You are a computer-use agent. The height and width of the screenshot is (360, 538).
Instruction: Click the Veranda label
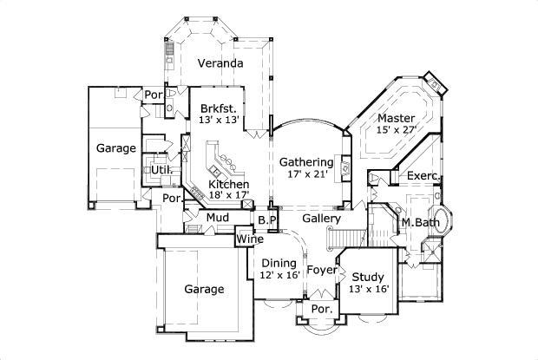pyautogui.click(x=220, y=64)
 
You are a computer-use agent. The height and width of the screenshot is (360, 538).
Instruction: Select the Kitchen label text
pyautogui.click(x=229, y=184)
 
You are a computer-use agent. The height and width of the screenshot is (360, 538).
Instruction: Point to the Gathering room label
pyautogui.click(x=305, y=162)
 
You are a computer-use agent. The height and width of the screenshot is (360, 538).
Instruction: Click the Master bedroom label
pyautogui.click(x=397, y=117)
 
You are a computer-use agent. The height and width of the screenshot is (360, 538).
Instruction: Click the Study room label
pyautogui.click(x=367, y=277)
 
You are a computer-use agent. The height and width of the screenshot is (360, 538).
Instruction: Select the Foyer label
pyautogui.click(x=321, y=269)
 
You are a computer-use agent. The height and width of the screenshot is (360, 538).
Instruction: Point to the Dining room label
pyautogui.click(x=279, y=263)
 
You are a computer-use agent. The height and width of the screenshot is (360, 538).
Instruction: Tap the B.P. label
pyautogui.click(x=266, y=220)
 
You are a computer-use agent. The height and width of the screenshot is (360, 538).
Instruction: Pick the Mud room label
pyautogui.click(x=217, y=216)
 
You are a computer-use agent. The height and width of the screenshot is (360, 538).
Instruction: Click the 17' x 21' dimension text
pyautogui.click(x=305, y=174)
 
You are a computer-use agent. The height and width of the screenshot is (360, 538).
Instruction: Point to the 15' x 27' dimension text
pyautogui.click(x=397, y=129)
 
